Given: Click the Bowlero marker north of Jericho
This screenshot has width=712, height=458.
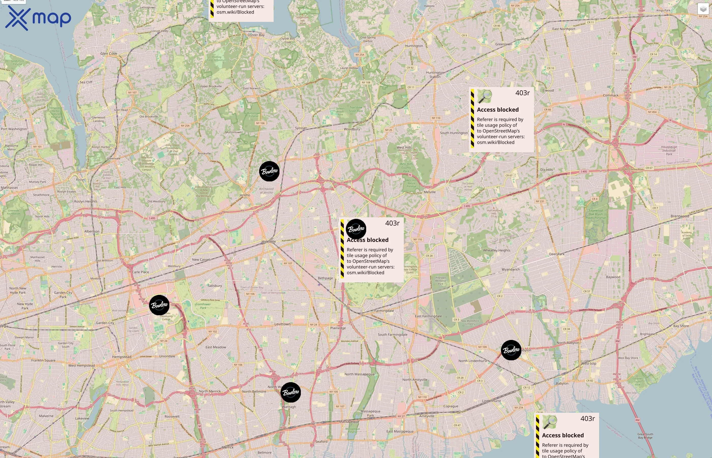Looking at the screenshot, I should point(269,171).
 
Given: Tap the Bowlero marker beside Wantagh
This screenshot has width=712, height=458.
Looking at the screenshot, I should point(291,392).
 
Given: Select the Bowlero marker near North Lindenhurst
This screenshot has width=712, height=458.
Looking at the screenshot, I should point(511,350).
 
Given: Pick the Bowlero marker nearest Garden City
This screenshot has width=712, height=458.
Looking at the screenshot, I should point(159,305).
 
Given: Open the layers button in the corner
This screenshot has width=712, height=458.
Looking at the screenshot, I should point(703,9).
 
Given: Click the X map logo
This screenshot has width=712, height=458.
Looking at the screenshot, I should point(38,18).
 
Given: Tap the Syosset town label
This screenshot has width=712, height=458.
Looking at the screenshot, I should point(301,128).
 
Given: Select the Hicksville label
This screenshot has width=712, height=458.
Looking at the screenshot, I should point(269,241).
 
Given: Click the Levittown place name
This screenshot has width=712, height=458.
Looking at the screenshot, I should point(282,324).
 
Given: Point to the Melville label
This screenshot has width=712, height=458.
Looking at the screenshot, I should point(429,192).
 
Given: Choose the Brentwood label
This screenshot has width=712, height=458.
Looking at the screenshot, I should point(680,216).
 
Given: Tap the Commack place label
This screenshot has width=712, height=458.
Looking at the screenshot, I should point(611,95).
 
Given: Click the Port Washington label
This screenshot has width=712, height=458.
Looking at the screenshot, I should point(14,129).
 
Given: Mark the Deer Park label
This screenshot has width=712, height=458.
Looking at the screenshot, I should point(557,254).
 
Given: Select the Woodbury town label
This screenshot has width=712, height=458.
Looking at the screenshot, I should point(352,129).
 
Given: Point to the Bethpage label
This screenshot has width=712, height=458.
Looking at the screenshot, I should point(325,278).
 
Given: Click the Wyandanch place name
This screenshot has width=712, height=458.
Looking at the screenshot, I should point(511,269).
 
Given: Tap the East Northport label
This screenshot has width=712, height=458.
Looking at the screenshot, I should point(564,29).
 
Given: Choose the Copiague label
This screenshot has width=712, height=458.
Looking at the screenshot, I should point(451,406).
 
